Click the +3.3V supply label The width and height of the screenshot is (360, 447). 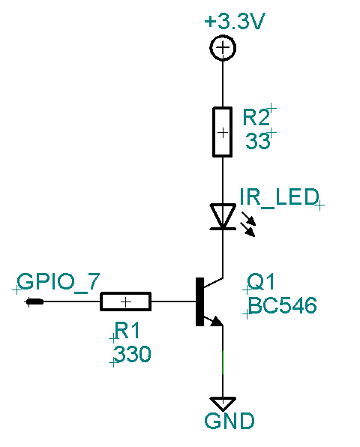click(x=235, y=21)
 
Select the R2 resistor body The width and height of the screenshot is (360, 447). click(x=222, y=132)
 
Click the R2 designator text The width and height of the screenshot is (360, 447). click(x=256, y=117)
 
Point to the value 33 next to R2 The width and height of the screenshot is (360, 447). click(x=257, y=140)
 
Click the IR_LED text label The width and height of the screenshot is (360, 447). click(x=279, y=197)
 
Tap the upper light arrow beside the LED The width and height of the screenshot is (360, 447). click(x=248, y=218)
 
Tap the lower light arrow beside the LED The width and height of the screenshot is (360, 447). click(x=248, y=229)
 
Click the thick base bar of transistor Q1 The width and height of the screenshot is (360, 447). click(x=199, y=301)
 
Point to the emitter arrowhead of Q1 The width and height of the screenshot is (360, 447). click(x=217, y=321)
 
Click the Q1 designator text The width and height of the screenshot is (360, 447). click(x=260, y=281)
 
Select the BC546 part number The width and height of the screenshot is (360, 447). click(x=282, y=305)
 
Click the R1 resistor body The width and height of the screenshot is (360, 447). click(x=125, y=301)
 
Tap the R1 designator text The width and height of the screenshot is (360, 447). click(x=127, y=330)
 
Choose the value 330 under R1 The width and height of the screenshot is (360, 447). click(x=132, y=354)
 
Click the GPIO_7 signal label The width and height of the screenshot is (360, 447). click(x=58, y=282)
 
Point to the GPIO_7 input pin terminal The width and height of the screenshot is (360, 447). click(x=34, y=301)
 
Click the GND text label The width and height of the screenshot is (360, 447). click(x=229, y=421)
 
